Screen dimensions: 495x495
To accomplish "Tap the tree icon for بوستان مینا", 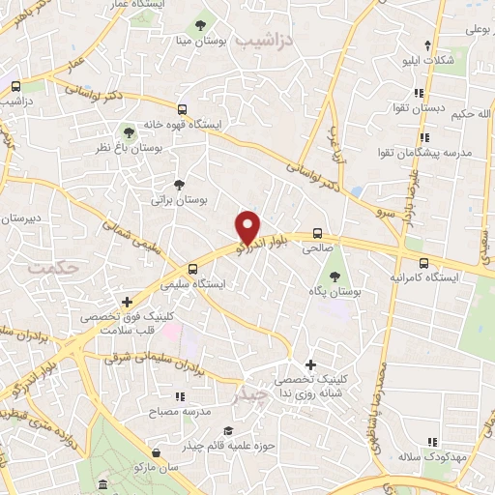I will (200, 24).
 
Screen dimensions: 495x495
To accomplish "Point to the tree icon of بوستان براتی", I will (178, 184).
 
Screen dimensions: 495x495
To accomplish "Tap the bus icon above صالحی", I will (316, 232).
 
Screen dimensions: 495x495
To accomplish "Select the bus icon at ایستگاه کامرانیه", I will (423, 262).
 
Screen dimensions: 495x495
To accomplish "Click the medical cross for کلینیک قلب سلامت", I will (127, 303).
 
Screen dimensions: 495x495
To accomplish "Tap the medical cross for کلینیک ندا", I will (309, 364).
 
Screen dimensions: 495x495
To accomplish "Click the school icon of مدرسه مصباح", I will (179, 396).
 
